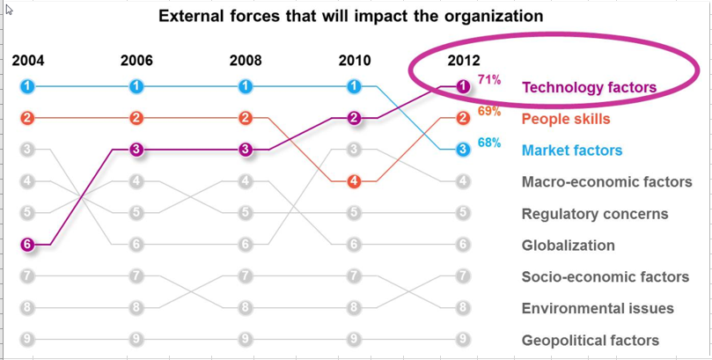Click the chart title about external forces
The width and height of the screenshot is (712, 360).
[350, 16]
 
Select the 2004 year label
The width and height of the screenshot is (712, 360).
[28, 61]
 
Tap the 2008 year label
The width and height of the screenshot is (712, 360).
[246, 61]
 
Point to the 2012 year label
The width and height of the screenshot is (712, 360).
[464, 61]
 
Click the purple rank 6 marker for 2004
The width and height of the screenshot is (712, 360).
[28, 244]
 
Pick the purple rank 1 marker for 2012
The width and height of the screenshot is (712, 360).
[463, 86]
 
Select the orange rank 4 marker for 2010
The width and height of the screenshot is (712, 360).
[354, 181]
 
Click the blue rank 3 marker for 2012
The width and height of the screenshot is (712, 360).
[463, 150]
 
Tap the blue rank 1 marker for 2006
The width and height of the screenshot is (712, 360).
[136, 86]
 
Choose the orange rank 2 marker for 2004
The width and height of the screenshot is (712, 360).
[28, 118]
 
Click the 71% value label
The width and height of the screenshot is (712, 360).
[489, 80]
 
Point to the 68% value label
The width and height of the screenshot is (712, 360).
[489, 143]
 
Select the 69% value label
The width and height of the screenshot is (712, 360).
[489, 112]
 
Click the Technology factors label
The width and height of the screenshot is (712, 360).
[589, 87]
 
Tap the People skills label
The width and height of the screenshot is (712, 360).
[565, 119]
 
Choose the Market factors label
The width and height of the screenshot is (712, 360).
[572, 151]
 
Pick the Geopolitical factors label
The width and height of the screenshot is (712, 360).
[590, 341]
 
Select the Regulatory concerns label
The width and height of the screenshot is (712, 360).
[594, 214]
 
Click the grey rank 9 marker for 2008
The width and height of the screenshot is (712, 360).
[246, 338]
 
